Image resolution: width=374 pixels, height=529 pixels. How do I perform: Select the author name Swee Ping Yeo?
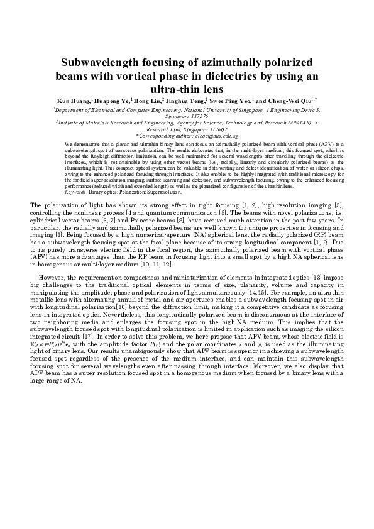[241, 101]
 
